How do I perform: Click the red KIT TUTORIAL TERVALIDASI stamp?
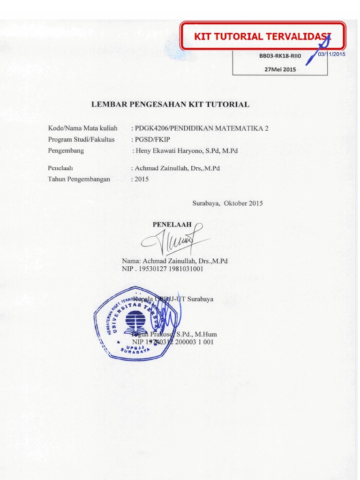pos(262,36)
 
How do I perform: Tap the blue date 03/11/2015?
pos(331,54)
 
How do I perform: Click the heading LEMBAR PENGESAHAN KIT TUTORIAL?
pos(170,105)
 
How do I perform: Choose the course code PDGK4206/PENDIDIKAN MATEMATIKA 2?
pos(202,128)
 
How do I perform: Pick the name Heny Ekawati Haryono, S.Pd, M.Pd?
pos(186,151)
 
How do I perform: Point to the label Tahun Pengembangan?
pos(79,179)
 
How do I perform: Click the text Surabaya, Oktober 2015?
pos(227,203)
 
